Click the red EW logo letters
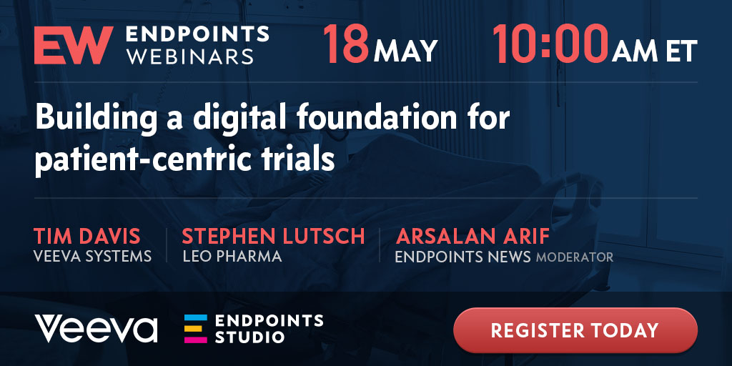(x=74, y=45)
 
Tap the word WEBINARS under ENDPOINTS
(x=190, y=56)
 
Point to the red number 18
(x=346, y=44)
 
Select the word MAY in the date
(x=405, y=51)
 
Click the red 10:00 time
(x=551, y=44)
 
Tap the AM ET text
(x=655, y=51)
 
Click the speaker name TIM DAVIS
(x=86, y=237)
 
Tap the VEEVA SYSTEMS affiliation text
(x=92, y=257)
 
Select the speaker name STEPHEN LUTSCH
(x=273, y=237)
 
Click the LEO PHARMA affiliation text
(x=232, y=257)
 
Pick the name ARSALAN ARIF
(x=473, y=237)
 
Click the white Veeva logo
(x=96, y=329)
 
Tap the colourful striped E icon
(x=196, y=329)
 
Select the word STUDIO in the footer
(x=249, y=336)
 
